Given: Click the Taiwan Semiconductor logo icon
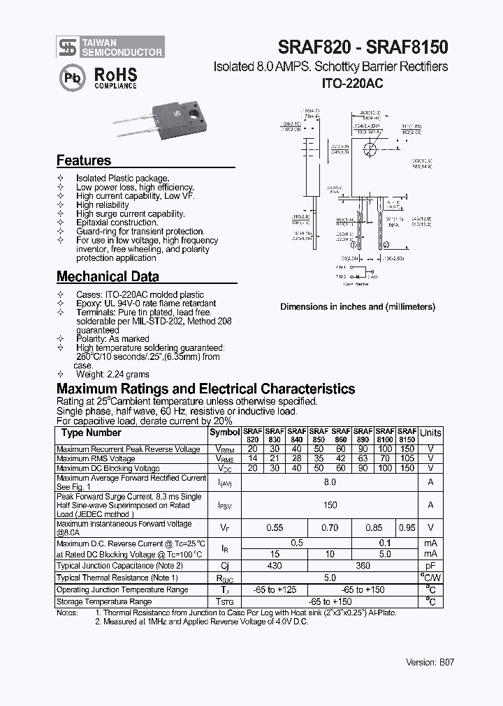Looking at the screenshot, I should (x=67, y=47).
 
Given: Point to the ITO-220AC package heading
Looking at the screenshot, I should (x=352, y=82).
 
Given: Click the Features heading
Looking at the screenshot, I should (x=84, y=160).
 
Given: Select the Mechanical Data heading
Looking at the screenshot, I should (x=108, y=276).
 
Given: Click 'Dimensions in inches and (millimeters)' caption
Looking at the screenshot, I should (x=358, y=307).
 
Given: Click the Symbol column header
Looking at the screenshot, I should (x=224, y=433).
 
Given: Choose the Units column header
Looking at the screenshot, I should (x=430, y=433).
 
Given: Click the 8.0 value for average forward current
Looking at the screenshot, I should (x=330, y=482).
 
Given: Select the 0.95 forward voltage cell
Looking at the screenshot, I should (x=407, y=528).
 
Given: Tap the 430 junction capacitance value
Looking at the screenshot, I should (x=275, y=566).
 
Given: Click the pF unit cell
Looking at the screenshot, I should (x=430, y=566).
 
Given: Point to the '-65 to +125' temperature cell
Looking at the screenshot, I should (x=275, y=589).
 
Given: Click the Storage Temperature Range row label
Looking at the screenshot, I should (x=104, y=601).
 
